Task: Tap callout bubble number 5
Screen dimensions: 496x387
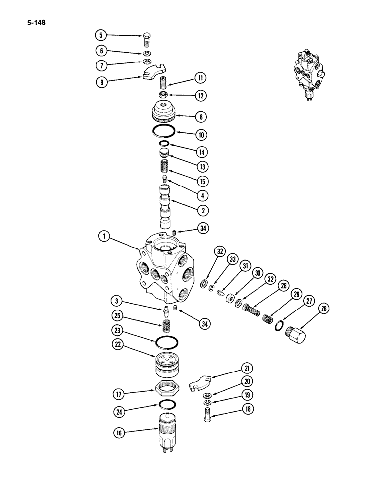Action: point(101,35)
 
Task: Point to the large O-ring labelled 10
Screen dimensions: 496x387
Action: point(164,132)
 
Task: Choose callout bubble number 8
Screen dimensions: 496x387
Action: point(201,117)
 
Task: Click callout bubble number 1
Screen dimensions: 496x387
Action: point(104,237)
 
